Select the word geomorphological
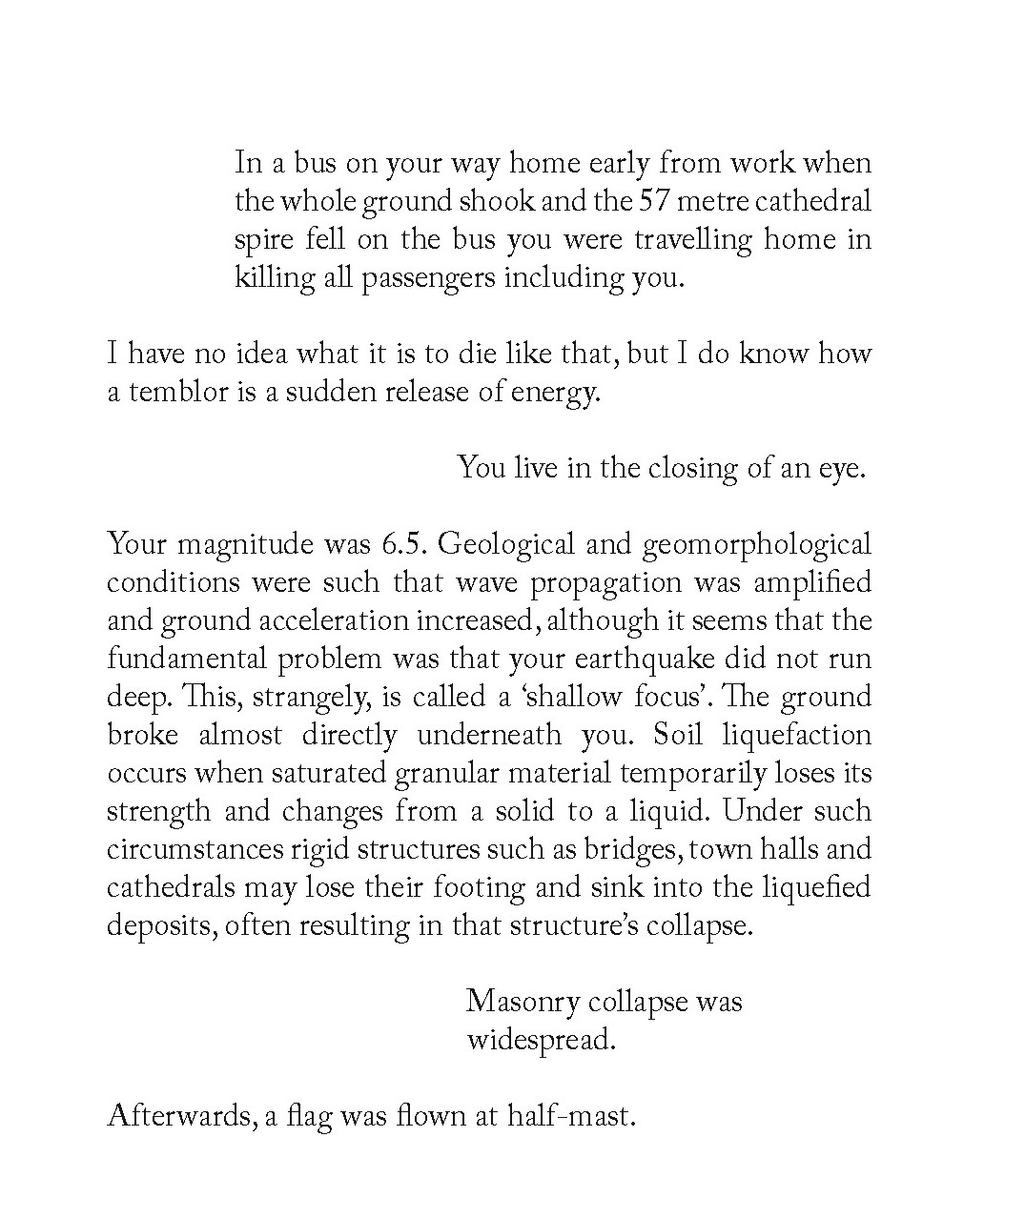[x=757, y=545]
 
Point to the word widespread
[x=541, y=1040]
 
